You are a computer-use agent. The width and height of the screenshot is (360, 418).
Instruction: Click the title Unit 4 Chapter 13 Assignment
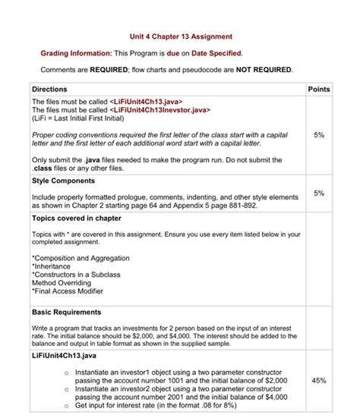pyautogui.click(x=179, y=36)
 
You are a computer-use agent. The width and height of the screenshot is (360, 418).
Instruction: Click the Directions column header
pyautogui.click(x=50, y=90)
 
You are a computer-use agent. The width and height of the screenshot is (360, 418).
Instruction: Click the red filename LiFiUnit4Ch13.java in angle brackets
pyautogui.click(x=146, y=102)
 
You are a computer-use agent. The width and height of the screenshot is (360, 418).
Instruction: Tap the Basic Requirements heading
pyautogui.click(x=66, y=312)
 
